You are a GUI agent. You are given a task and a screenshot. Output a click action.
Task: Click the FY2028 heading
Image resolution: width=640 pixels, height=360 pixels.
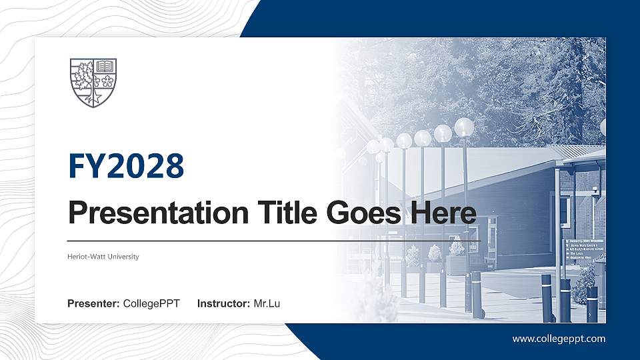point(126,166)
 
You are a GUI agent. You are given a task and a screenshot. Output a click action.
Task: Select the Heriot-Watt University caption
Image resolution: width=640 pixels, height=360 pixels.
point(103,257)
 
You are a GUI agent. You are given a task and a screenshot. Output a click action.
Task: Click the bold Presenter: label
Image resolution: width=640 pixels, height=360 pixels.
point(94,304)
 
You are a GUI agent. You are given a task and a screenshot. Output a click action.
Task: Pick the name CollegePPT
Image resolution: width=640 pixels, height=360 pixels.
point(152,304)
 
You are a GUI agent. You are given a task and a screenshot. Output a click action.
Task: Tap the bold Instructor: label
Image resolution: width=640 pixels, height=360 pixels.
point(225,304)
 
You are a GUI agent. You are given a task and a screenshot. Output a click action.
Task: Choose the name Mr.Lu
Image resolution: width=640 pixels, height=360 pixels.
point(267,304)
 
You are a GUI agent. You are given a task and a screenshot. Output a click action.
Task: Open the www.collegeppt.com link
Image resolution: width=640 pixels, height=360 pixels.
point(559,339)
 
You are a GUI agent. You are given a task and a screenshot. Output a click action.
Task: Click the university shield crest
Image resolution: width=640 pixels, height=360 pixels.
point(93,83)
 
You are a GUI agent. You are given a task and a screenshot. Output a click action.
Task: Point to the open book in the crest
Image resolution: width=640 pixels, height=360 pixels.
point(105,66)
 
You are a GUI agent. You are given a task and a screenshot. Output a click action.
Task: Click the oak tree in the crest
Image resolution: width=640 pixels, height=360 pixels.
point(83,75)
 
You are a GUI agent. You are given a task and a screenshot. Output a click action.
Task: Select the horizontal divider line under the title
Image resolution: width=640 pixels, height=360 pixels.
point(273,241)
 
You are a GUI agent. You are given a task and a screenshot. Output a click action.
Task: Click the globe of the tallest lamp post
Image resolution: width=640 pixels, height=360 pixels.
point(464,126)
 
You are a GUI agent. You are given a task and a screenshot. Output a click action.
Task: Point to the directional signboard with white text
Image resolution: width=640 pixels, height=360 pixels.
point(578,253)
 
